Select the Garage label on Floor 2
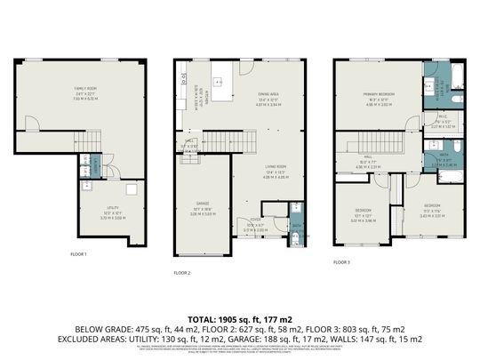[202, 204]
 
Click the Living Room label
[275, 166]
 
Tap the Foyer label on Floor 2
[254, 220]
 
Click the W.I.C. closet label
[442, 116]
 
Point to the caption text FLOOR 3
[342, 262]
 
